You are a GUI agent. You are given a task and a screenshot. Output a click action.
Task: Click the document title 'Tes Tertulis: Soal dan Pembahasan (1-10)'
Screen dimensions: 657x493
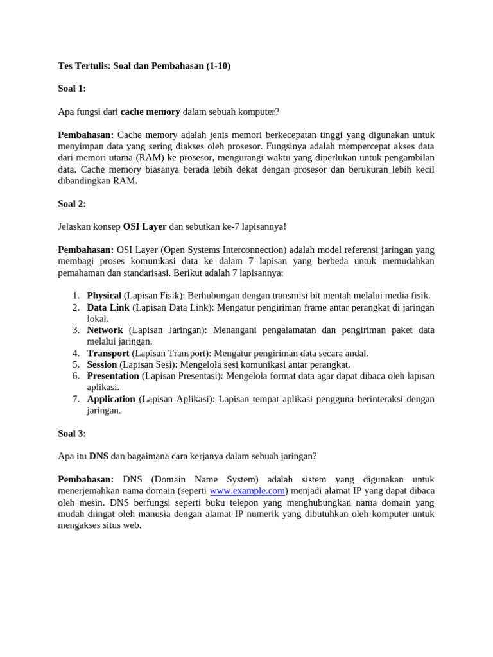[144, 66]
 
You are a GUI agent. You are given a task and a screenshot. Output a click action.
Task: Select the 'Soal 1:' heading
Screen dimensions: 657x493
[72, 89]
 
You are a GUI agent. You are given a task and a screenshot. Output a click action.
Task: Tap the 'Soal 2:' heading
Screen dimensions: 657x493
[72, 204]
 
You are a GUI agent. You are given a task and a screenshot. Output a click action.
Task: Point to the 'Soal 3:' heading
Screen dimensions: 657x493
[72, 434]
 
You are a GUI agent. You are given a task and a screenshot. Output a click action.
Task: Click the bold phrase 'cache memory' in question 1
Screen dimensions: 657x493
[150, 112]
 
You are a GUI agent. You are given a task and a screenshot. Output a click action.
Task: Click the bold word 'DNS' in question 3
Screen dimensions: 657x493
[98, 457]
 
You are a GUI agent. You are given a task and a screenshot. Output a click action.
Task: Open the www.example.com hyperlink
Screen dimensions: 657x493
[247, 491]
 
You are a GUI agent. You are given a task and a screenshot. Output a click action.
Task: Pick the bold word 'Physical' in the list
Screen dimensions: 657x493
[104, 296]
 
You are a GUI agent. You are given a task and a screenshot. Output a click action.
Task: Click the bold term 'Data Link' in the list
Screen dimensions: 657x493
[108, 308]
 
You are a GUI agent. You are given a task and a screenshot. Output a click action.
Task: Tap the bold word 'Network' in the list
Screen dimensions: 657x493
[105, 330]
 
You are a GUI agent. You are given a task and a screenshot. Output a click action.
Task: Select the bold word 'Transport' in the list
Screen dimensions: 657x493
[108, 354]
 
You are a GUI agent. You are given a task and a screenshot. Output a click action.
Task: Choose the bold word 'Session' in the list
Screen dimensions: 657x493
[102, 364]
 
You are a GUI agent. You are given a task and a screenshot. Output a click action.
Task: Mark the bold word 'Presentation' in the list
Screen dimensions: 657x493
[113, 376]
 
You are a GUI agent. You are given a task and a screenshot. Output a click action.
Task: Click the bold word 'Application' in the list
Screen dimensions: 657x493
[111, 399]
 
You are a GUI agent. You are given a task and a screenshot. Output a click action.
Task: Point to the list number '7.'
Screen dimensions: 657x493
[75, 399]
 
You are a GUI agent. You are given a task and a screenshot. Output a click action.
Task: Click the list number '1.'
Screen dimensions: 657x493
[75, 296]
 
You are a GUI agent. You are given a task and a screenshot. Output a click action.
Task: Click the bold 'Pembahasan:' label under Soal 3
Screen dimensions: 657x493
[86, 480]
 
